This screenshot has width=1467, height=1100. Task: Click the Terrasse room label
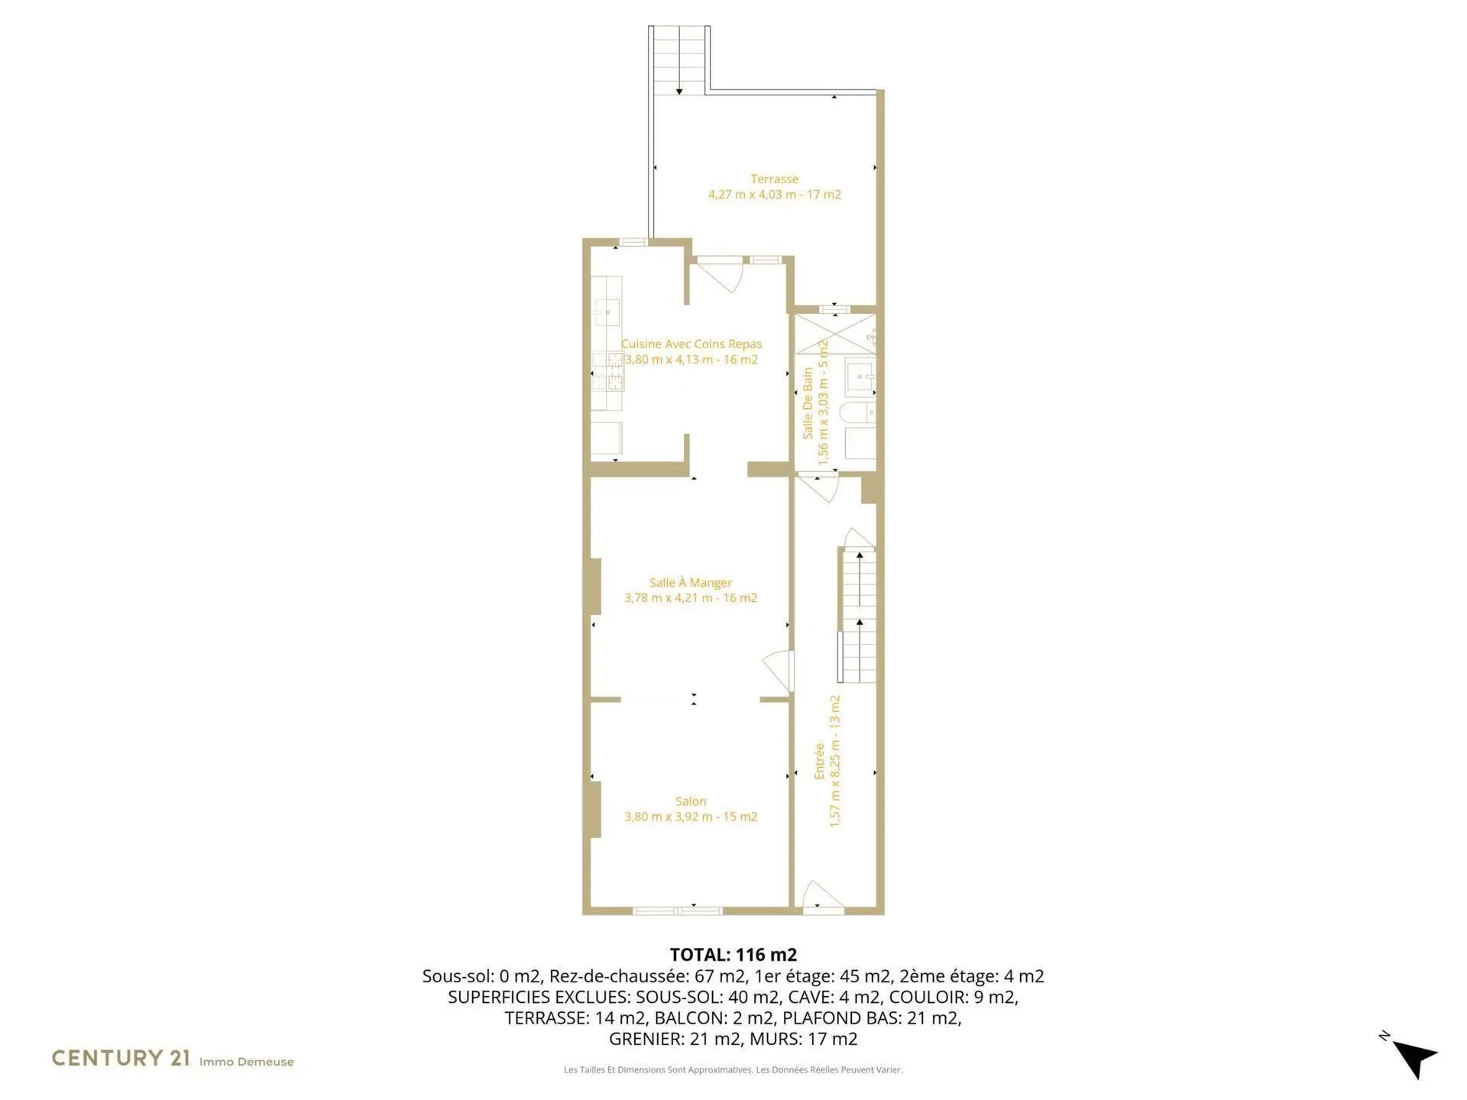coord(774,179)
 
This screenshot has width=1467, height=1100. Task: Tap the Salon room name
coord(691,801)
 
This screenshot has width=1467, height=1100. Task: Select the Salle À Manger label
coord(691,583)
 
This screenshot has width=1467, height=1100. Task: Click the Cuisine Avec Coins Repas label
coord(691,345)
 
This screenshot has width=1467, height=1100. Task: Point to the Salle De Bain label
coord(808,403)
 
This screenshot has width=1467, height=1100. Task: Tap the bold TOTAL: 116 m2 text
coord(733,954)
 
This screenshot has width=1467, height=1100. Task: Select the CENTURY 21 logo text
coord(121,1058)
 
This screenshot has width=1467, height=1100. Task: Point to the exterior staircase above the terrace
coord(679,60)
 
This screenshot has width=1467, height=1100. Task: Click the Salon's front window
coord(678,911)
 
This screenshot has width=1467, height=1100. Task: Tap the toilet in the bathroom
coord(857,413)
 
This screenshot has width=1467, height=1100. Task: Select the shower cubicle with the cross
coord(834,335)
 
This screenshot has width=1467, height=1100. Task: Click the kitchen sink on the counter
coord(607,311)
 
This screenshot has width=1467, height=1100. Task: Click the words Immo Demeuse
coord(246,1062)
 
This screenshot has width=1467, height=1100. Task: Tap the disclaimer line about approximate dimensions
coord(733,1069)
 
